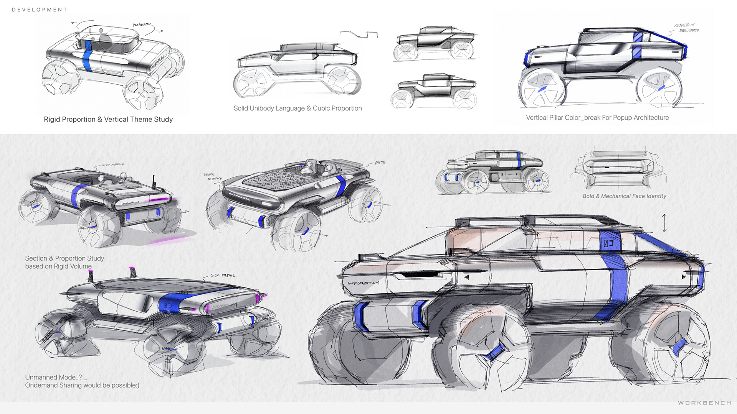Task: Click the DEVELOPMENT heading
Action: click(x=40, y=10)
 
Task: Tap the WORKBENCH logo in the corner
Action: click(x=704, y=402)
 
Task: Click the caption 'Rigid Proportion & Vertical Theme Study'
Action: click(x=108, y=120)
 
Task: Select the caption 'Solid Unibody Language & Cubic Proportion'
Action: click(x=297, y=108)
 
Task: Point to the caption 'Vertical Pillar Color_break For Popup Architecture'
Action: click(x=597, y=118)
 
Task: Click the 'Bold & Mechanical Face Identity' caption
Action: click(x=624, y=196)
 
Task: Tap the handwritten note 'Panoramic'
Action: click(x=142, y=25)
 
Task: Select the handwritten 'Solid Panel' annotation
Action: click(x=223, y=275)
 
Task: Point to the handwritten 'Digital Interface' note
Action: click(x=213, y=177)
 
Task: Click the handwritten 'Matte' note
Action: click(x=380, y=163)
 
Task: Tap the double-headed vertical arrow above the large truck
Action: click(x=664, y=223)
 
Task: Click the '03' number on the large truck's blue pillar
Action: click(x=609, y=243)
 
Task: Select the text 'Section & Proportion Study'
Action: click(x=64, y=258)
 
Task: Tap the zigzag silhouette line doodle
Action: click(x=359, y=34)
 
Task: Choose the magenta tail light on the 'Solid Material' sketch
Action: click(x=160, y=199)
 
